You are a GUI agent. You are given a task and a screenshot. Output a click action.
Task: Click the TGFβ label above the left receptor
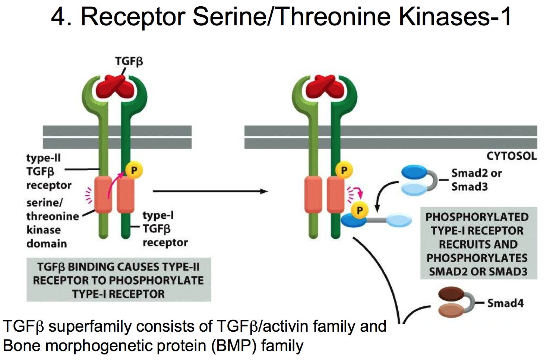(x=129, y=61)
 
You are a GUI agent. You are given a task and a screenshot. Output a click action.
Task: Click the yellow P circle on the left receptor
(x=134, y=170)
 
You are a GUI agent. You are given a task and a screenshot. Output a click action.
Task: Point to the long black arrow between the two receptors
(x=210, y=191)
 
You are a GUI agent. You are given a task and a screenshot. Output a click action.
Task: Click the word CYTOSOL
(x=511, y=156)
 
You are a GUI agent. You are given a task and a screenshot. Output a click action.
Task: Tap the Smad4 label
(x=505, y=303)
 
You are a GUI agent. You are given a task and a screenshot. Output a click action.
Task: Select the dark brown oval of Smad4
(x=451, y=294)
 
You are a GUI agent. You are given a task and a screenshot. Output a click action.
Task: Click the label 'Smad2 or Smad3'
(x=476, y=180)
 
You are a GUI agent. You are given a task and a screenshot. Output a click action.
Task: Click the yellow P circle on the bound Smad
(x=360, y=210)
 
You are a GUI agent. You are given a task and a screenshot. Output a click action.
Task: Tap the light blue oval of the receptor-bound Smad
(x=399, y=220)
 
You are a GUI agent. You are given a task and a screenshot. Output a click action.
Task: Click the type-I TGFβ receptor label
(x=165, y=229)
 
